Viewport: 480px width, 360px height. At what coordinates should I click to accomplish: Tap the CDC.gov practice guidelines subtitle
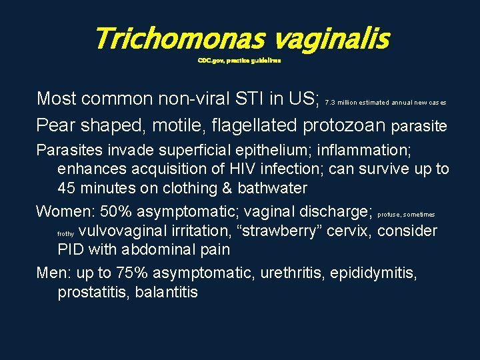click(239, 60)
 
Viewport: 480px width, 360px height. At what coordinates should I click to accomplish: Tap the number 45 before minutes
click(67, 189)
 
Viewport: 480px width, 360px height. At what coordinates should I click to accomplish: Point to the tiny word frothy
click(65, 235)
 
